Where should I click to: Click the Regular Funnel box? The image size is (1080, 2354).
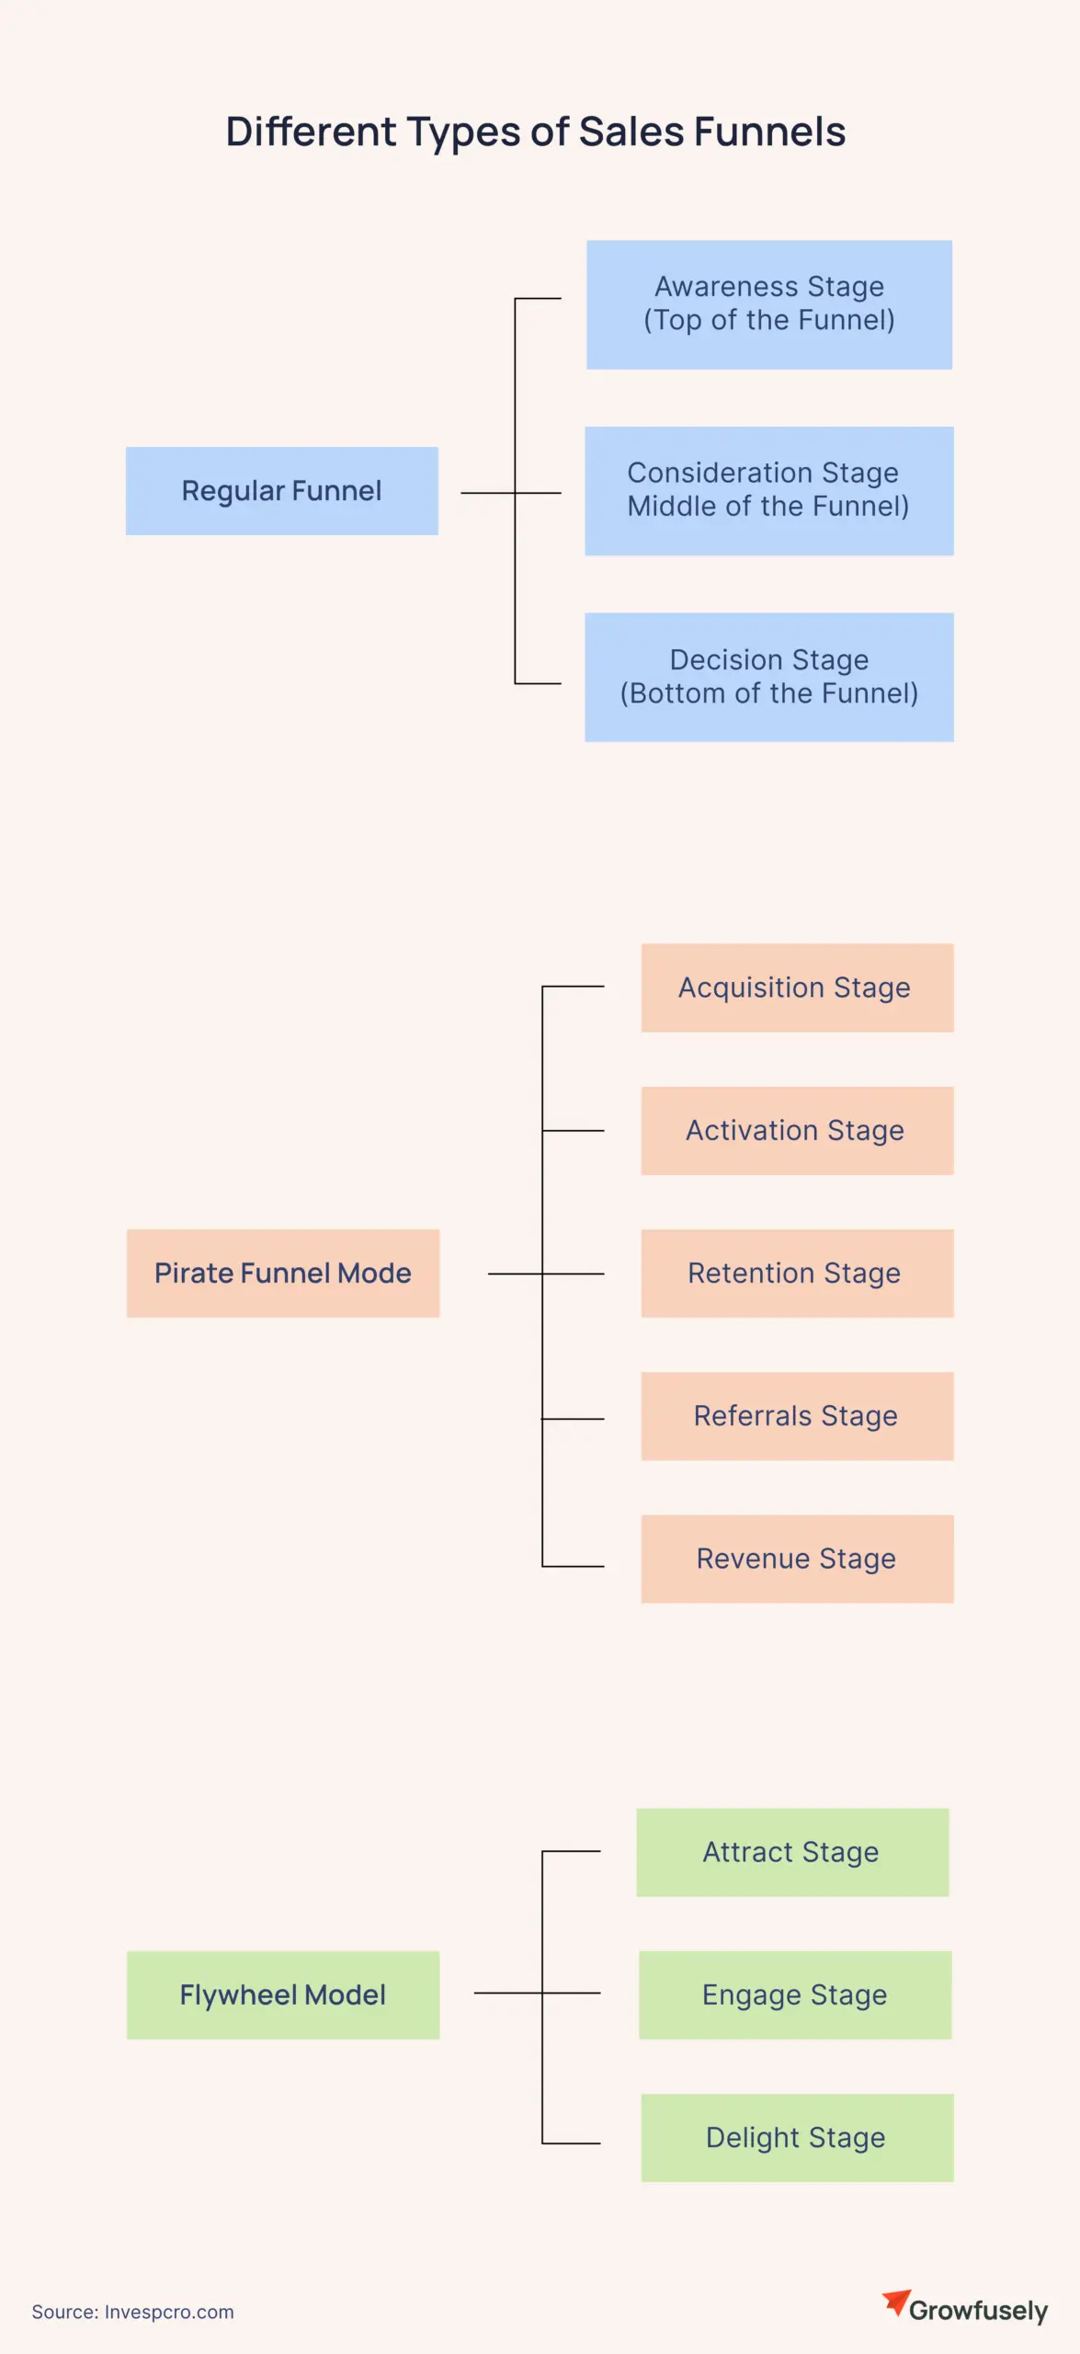[x=281, y=491]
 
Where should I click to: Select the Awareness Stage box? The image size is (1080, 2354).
[x=768, y=304]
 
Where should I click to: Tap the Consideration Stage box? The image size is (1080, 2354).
[x=768, y=491]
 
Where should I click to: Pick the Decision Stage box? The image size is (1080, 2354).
[x=768, y=677]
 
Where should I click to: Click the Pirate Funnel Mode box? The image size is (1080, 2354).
[x=282, y=1274]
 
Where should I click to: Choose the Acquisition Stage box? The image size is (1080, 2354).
[x=797, y=988]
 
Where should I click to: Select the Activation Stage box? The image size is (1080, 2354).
[x=797, y=1131]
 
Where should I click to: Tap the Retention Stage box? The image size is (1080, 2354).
[x=797, y=1274]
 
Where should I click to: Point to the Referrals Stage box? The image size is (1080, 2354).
[x=797, y=1416]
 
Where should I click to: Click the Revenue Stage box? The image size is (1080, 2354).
[x=797, y=1560]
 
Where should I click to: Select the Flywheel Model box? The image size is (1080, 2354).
[x=282, y=1995]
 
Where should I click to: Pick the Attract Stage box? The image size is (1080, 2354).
[x=792, y=1852]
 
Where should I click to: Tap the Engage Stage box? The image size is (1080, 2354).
[x=795, y=1995]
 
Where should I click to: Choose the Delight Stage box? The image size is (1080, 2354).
[x=797, y=2138]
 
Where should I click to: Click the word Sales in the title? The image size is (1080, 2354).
[x=631, y=131]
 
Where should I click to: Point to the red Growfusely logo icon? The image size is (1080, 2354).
[x=895, y=2303]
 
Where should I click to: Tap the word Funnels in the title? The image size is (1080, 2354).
[x=769, y=131]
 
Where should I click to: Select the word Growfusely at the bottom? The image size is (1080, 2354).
[x=978, y=2311]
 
